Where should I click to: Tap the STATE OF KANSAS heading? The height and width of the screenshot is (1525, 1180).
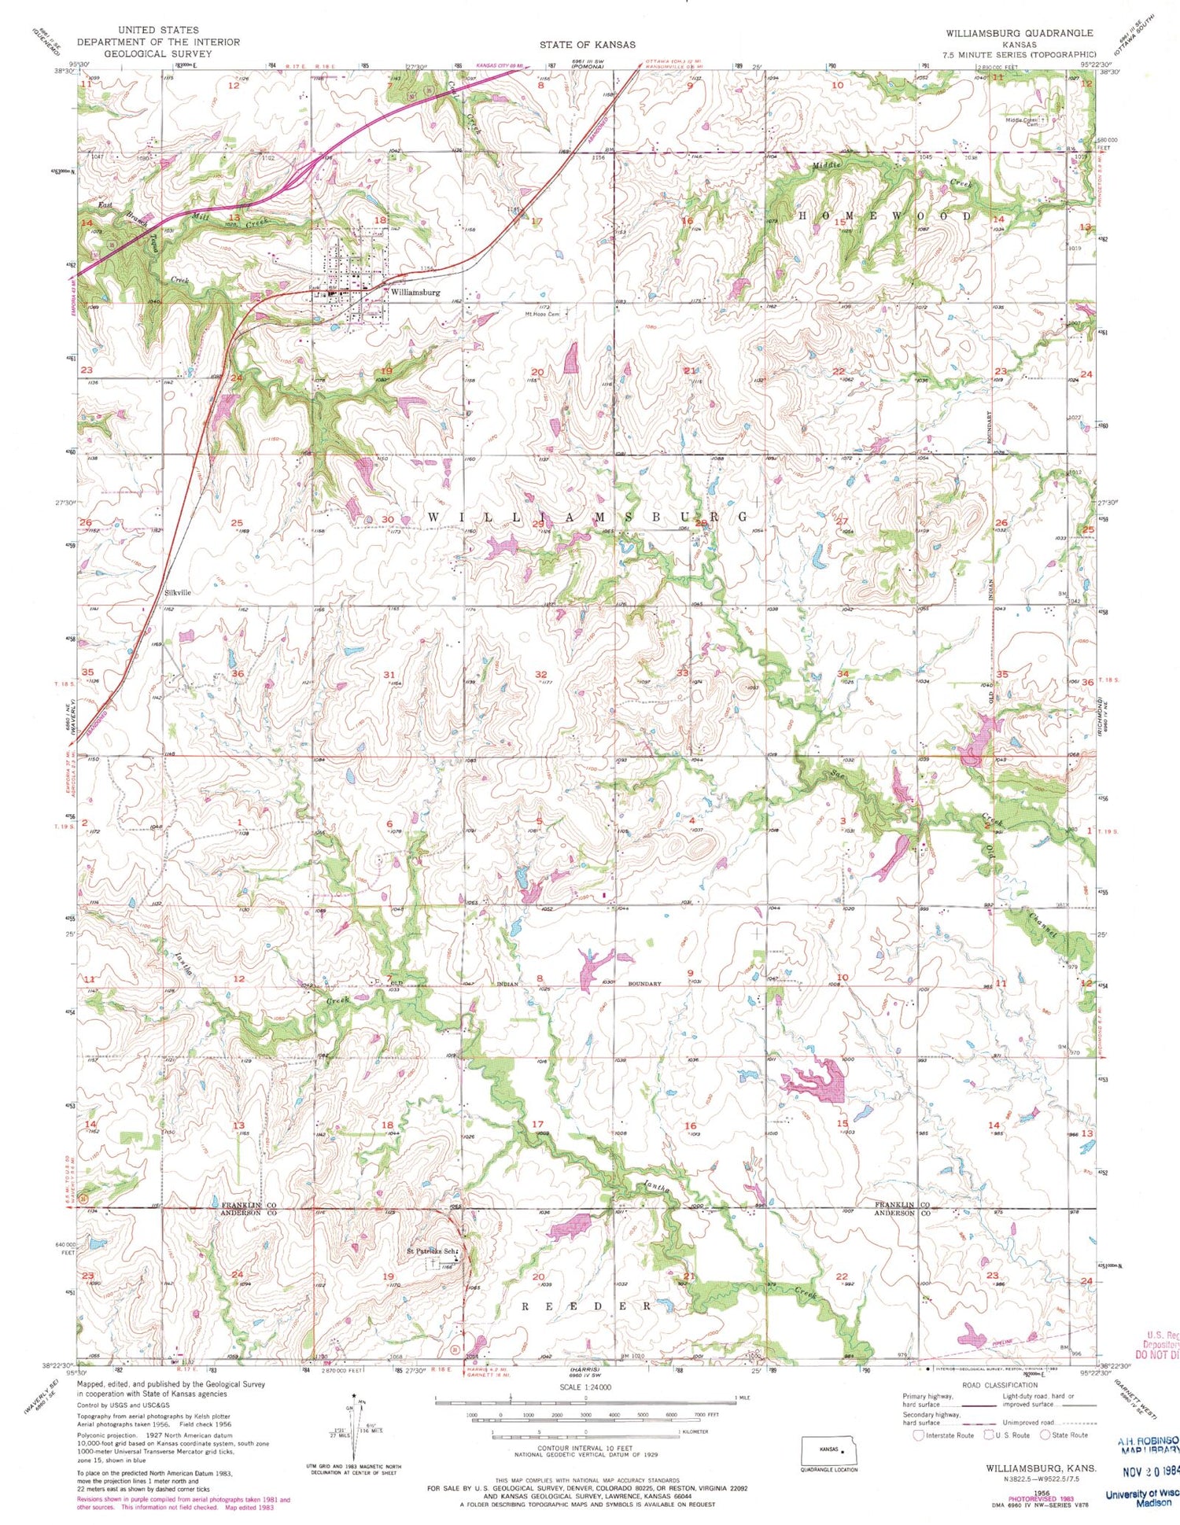587,44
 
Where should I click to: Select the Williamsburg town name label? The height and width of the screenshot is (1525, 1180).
415,292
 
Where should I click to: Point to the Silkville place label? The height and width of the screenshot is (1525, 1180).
178,592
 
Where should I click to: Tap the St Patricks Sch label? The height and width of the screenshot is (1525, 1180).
431,1251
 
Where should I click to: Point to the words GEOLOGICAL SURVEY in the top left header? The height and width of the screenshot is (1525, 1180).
157,53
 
